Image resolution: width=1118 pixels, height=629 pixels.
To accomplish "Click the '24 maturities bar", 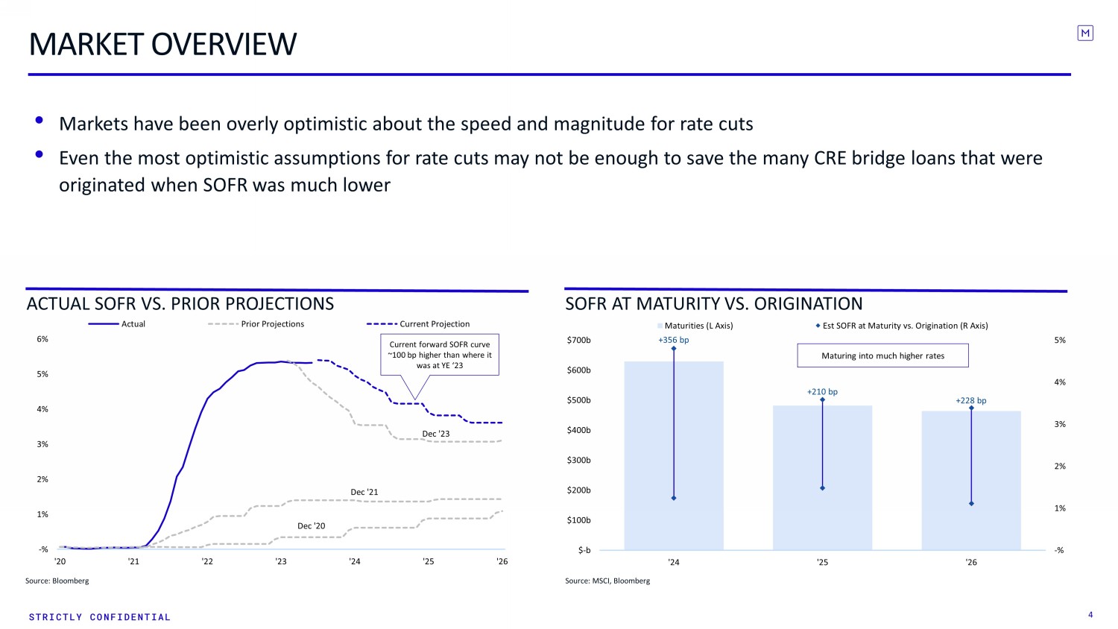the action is pyautogui.click(x=673, y=455).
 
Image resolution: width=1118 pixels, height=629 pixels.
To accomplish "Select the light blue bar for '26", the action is pyautogui.click(x=970, y=480).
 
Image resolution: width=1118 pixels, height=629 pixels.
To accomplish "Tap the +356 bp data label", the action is pyautogui.click(x=673, y=340).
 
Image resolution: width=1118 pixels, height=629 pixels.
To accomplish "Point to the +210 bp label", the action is pyautogui.click(x=822, y=392).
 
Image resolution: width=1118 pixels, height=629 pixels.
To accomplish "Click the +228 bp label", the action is pyautogui.click(x=970, y=400).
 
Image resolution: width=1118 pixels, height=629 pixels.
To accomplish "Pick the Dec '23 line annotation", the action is pyautogui.click(x=436, y=434).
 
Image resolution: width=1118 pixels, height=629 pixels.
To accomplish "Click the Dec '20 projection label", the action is pyautogui.click(x=311, y=525).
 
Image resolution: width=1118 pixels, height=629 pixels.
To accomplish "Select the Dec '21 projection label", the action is pyautogui.click(x=364, y=492).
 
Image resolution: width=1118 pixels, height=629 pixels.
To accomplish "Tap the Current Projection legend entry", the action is pyautogui.click(x=418, y=324).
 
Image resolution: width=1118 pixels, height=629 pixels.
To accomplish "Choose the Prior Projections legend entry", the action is pyautogui.click(x=256, y=324).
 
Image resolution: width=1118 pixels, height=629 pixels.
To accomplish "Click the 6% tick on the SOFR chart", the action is pyautogui.click(x=42, y=339).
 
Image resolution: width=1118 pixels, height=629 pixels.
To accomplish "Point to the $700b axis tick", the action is pyautogui.click(x=578, y=340).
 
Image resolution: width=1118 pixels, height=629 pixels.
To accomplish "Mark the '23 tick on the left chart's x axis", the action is pyautogui.click(x=281, y=561).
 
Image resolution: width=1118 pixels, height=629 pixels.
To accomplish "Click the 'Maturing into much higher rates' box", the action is pyautogui.click(x=882, y=355).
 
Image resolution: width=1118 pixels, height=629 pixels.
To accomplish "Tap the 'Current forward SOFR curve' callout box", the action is pyautogui.click(x=440, y=355).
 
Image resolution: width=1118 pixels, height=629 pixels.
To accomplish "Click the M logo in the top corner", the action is pyautogui.click(x=1085, y=33).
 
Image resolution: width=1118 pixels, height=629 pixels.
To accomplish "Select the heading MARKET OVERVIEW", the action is pyautogui.click(x=162, y=44).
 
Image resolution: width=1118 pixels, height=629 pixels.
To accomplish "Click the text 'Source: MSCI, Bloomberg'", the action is pyautogui.click(x=607, y=581).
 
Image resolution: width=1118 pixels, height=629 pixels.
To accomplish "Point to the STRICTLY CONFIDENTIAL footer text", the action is pyautogui.click(x=100, y=617).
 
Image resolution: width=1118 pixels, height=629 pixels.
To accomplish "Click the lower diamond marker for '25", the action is pyautogui.click(x=823, y=487).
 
